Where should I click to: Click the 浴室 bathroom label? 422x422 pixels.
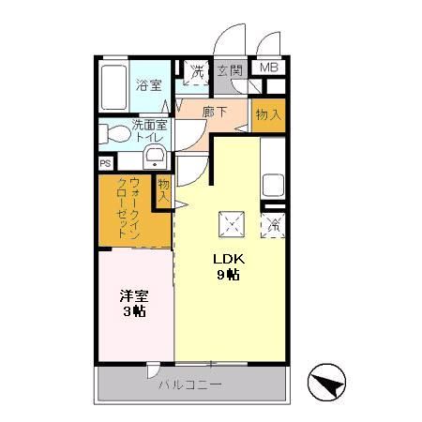pyautogui.click(x=147, y=85)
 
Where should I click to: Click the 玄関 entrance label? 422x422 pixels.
pyautogui.click(x=229, y=70)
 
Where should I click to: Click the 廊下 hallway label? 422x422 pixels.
pyautogui.click(x=217, y=112)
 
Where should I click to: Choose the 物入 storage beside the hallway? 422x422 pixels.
pyautogui.click(x=268, y=113)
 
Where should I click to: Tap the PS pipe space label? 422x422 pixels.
pyautogui.click(x=104, y=162)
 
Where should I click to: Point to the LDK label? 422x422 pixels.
pyautogui.click(x=227, y=260)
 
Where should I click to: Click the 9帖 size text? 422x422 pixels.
pyautogui.click(x=227, y=276)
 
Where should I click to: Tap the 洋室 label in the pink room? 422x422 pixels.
pyautogui.click(x=132, y=295)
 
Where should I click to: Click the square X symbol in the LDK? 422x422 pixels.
pyautogui.click(x=231, y=225)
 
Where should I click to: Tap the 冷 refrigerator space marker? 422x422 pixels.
pyautogui.click(x=275, y=225)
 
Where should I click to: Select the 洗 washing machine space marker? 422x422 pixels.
pyautogui.click(x=198, y=70)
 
